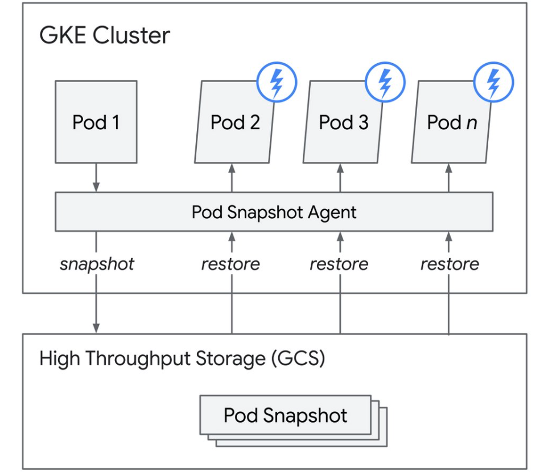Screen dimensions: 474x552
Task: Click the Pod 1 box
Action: tap(96, 122)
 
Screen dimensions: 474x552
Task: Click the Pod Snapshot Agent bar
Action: tap(274, 212)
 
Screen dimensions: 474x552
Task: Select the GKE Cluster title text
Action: tap(105, 35)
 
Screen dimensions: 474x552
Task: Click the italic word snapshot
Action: tap(97, 264)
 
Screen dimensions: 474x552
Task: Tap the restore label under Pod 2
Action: tap(230, 264)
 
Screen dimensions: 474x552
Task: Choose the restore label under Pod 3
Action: tap(339, 264)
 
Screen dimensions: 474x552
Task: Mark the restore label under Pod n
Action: tap(450, 264)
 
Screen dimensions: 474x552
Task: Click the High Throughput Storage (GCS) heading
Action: tap(182, 359)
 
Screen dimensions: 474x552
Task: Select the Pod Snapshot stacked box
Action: tap(286, 415)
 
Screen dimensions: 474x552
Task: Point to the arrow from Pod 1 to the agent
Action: tap(96, 177)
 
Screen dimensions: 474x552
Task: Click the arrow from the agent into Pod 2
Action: tap(232, 177)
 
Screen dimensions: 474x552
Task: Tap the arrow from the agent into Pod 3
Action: tap(340, 177)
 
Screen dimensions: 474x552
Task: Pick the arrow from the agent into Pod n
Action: tap(449, 177)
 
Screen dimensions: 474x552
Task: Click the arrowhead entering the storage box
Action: tap(96, 328)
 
